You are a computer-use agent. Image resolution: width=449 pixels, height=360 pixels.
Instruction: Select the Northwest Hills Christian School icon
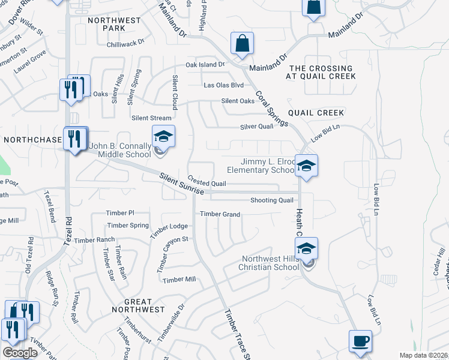(306, 248)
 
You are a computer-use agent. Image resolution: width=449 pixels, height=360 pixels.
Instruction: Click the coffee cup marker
(360, 340)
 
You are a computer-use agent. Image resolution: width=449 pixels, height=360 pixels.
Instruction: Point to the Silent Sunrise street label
(182, 184)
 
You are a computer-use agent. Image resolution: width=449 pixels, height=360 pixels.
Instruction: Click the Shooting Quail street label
(272, 200)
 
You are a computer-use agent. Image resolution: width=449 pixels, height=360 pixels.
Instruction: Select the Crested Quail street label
(206, 181)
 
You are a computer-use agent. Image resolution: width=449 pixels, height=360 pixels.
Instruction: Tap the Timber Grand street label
(220, 214)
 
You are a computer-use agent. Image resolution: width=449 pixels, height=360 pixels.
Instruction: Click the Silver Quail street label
(256, 127)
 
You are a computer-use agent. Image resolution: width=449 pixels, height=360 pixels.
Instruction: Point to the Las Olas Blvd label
(224, 85)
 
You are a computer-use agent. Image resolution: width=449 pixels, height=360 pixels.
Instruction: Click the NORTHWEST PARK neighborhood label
(114, 24)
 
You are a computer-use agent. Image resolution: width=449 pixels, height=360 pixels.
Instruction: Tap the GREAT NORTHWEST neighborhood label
(138, 305)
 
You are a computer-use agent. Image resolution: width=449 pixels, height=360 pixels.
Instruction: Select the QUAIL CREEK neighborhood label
(316, 113)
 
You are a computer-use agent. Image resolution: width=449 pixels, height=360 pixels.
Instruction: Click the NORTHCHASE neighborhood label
(32, 139)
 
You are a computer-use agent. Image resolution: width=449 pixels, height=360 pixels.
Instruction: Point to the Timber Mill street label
(179, 280)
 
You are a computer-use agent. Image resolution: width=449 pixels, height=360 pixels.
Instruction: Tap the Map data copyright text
(423, 355)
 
